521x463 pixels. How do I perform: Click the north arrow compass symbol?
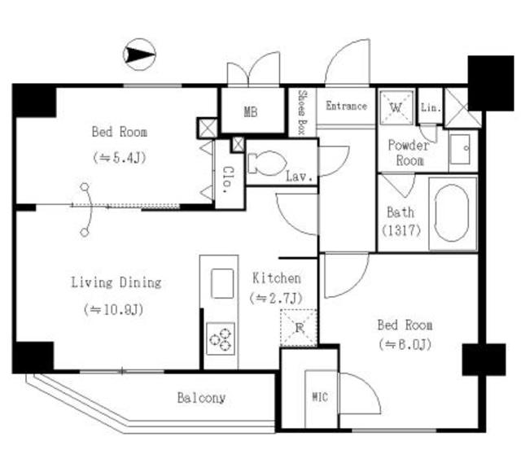pos(138,55)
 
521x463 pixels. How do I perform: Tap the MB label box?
pos(252,111)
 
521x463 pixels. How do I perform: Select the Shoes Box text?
pos(302,111)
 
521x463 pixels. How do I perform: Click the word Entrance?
pos(346,106)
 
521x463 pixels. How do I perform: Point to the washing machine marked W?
pos(397,107)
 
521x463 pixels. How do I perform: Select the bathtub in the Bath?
pos(452,214)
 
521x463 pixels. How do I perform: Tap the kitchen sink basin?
pos(222,283)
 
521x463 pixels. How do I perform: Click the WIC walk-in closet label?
pos(320,398)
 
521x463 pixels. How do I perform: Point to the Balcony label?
pos(201,398)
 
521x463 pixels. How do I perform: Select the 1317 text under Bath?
pos(401,230)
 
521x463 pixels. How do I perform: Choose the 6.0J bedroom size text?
pos(404,344)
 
